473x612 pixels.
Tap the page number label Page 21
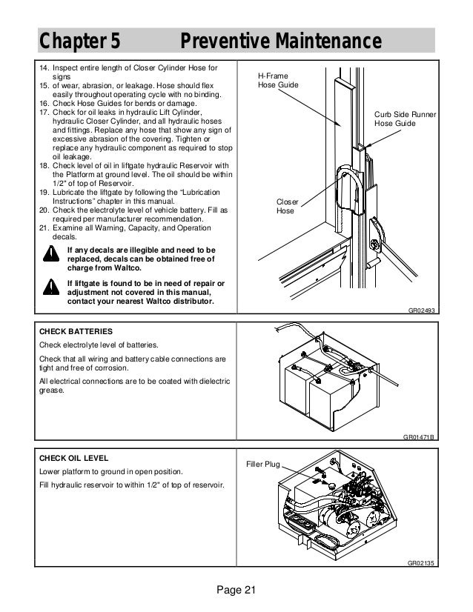236,589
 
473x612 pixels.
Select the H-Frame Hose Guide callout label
274,81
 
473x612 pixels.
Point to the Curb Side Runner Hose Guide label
404,120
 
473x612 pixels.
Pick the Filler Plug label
262,464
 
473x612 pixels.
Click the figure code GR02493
420,312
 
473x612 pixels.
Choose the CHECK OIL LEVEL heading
73,457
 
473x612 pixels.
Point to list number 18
44,164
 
